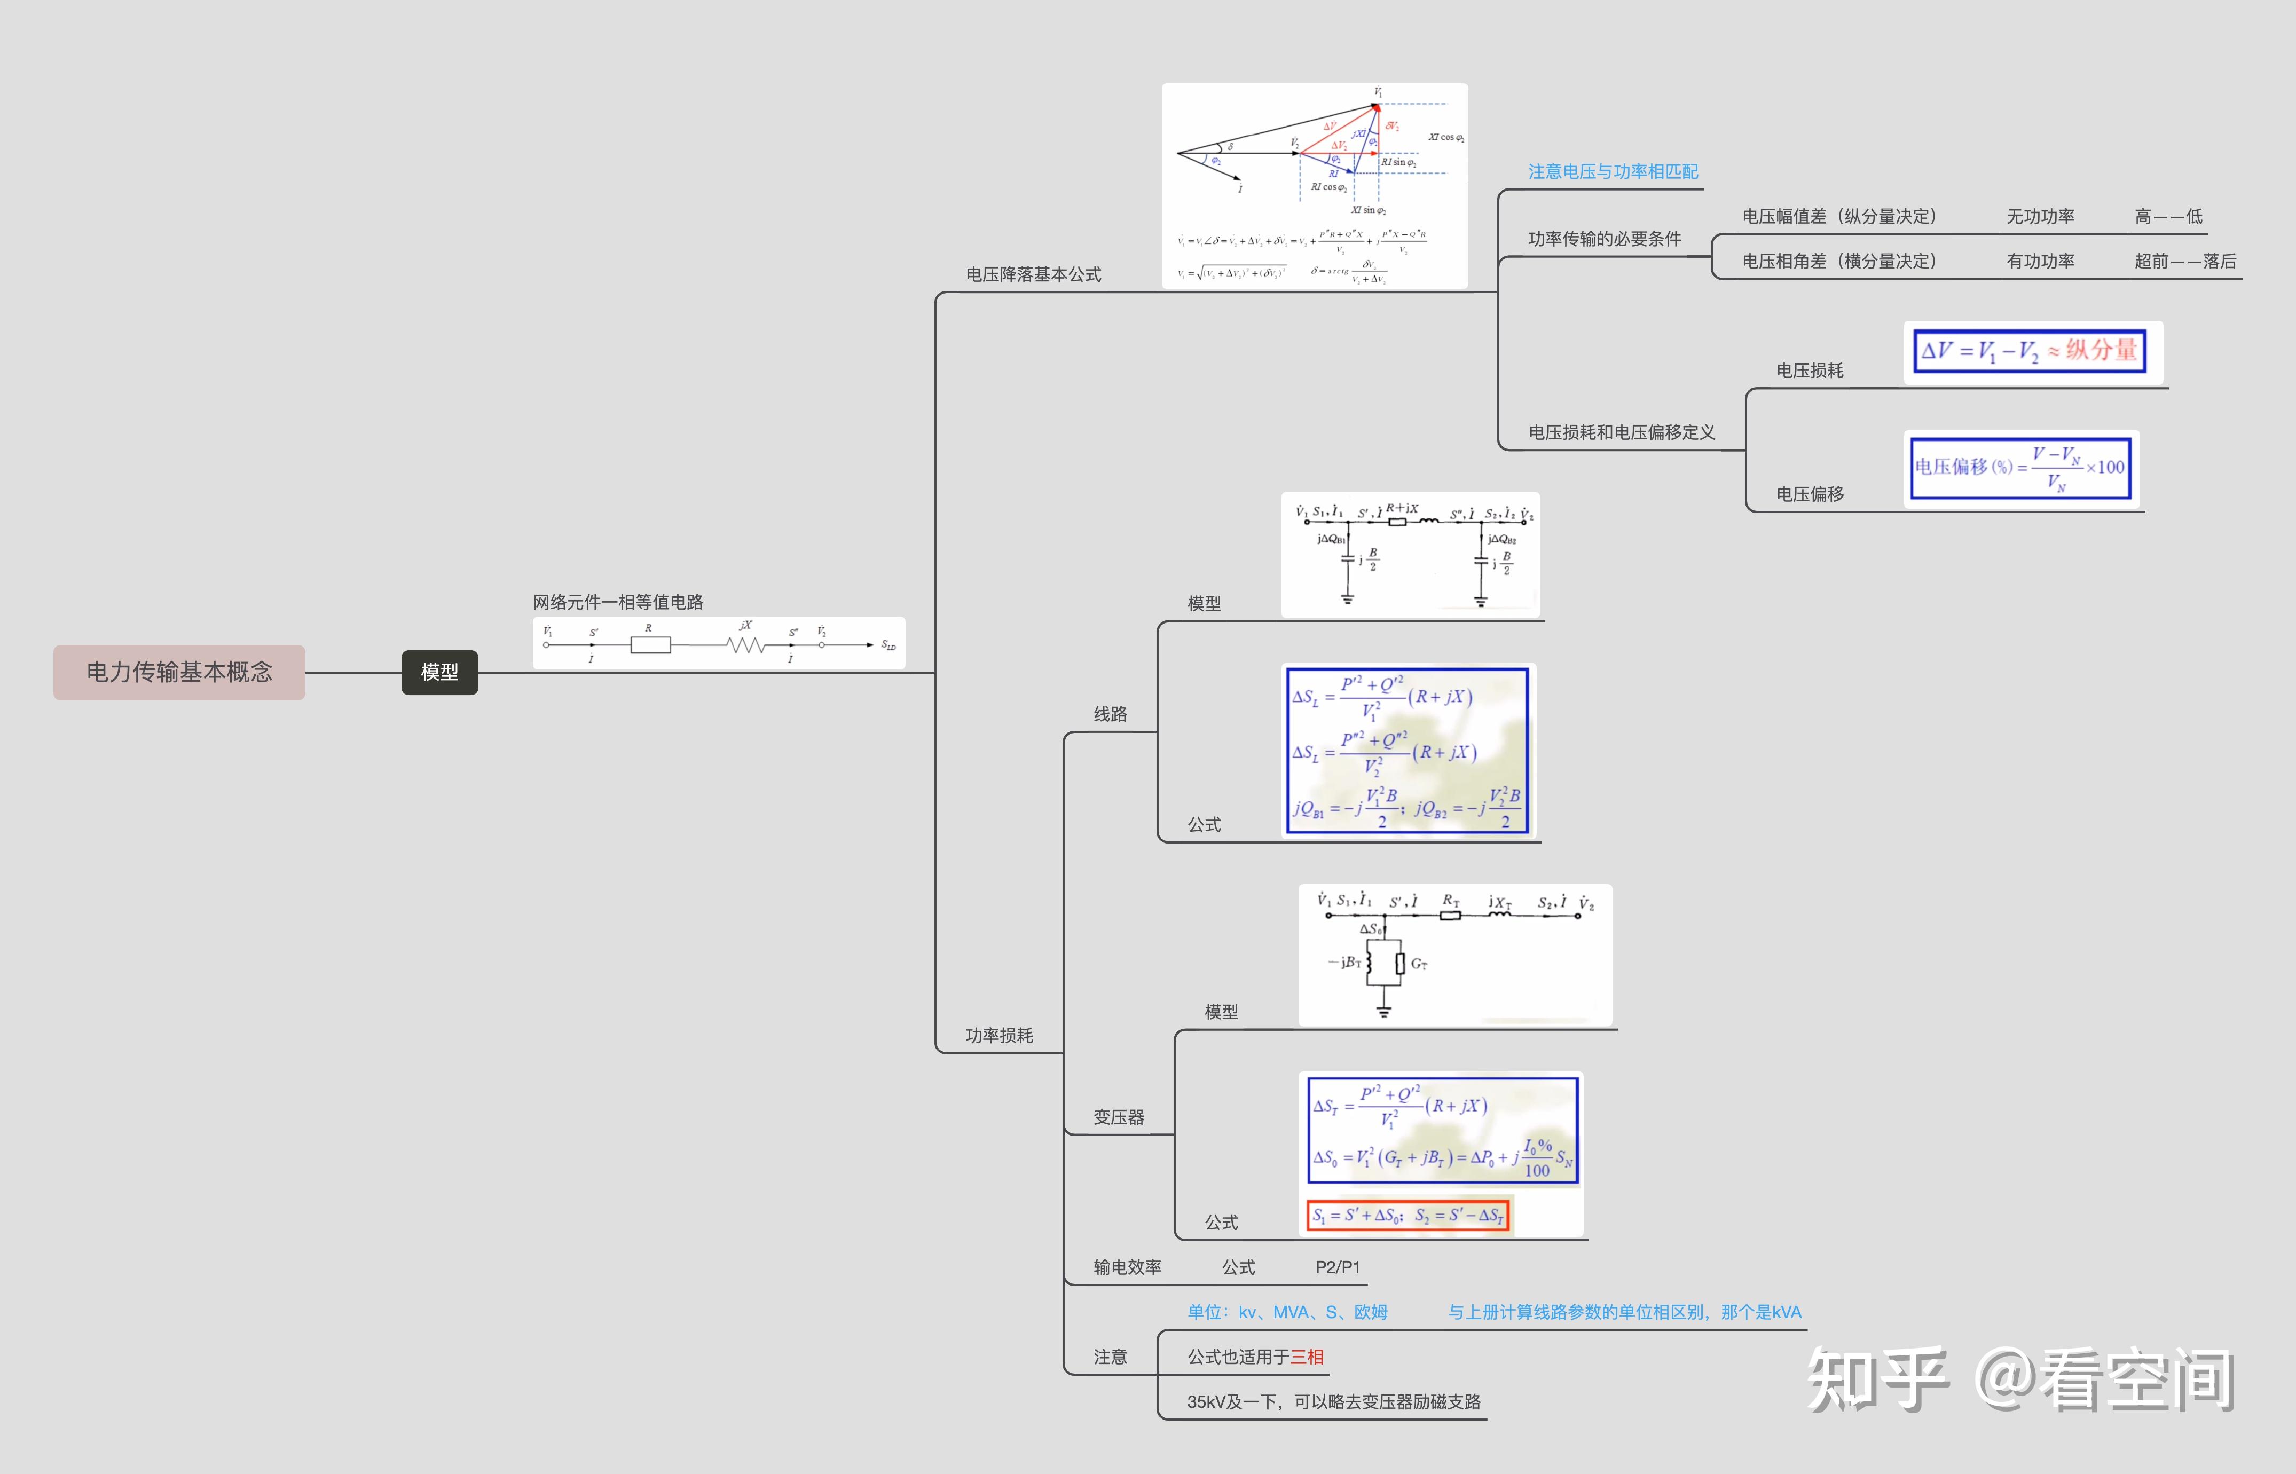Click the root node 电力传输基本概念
pyautogui.click(x=179, y=672)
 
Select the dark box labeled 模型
pyautogui.click(x=439, y=672)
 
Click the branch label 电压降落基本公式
pyautogui.click(x=1033, y=275)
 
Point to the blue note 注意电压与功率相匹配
pyautogui.click(x=1613, y=171)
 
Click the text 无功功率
pyautogui.click(x=2040, y=216)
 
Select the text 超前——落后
pyautogui.click(x=2185, y=261)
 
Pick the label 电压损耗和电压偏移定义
pyautogui.click(x=1621, y=432)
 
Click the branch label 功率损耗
pyautogui.click(x=999, y=1036)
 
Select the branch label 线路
pyautogui.click(x=1110, y=714)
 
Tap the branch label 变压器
pyautogui.click(x=1119, y=1117)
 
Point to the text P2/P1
pyautogui.click(x=1337, y=1267)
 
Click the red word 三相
pyautogui.click(x=1307, y=1357)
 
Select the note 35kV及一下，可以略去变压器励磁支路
pyautogui.click(x=1333, y=1402)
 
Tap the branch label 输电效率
pyautogui.click(x=1127, y=1267)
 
